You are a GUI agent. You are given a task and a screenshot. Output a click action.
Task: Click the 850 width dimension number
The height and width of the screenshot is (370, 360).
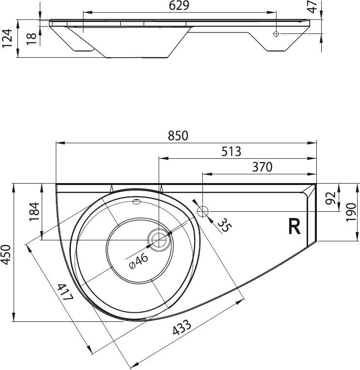tap(178, 135)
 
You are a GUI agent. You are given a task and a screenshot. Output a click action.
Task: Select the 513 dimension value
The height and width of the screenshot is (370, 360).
tap(231, 151)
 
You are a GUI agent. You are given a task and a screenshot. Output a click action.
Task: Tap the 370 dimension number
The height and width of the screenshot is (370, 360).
tap(262, 167)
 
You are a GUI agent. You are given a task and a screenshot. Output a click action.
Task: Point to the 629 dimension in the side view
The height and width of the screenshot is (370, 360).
tap(179, 6)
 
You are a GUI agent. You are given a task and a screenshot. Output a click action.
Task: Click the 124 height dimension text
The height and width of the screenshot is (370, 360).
tap(6, 39)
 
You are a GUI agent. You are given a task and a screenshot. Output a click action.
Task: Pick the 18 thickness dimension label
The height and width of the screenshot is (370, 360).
tap(32, 38)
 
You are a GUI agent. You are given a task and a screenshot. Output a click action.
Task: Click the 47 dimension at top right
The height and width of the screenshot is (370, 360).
tap(313, 7)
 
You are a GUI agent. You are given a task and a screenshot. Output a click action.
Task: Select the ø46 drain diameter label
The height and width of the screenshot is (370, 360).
tap(139, 262)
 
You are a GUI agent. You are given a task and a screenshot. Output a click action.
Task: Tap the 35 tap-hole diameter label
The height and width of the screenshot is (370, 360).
tap(223, 225)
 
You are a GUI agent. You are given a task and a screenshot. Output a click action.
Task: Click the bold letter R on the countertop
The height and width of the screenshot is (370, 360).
tap(294, 226)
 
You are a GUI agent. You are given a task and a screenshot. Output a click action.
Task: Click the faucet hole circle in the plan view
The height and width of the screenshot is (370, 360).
tap(203, 211)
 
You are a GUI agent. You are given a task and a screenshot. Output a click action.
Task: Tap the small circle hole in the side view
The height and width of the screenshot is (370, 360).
tap(276, 34)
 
